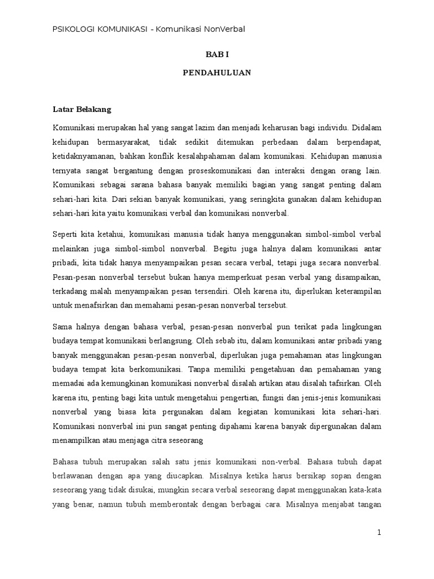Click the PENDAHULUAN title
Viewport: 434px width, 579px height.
click(217, 73)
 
